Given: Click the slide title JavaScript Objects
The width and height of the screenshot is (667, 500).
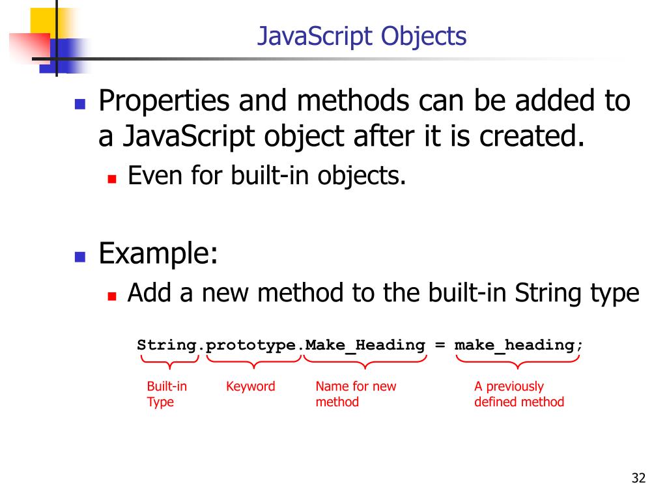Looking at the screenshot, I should pos(362,36).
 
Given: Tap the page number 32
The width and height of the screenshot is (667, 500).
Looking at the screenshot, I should pos(638,479).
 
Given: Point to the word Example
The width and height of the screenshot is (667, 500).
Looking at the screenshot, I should pos(157,253).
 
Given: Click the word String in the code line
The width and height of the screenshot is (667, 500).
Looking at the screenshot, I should pos(167,345).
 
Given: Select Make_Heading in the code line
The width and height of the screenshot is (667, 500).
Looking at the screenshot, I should pos(365,345).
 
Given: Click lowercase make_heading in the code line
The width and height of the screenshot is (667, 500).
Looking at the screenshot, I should pos(515,345).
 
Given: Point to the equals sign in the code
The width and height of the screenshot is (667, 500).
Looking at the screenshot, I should pos(440,345).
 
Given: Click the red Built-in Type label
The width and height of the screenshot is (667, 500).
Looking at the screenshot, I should pos(167,394).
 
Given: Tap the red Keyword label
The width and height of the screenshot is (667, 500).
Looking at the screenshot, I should pos(250,387).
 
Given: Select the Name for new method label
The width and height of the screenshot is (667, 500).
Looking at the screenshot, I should pos(356,394).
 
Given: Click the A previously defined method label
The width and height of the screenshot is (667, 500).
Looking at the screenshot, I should pos(518,394).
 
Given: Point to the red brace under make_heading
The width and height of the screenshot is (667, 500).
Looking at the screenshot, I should pos(518,361).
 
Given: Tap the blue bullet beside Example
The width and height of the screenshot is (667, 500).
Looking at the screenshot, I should pos(80,256).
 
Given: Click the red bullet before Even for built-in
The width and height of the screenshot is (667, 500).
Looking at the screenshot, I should pos(111,178).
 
